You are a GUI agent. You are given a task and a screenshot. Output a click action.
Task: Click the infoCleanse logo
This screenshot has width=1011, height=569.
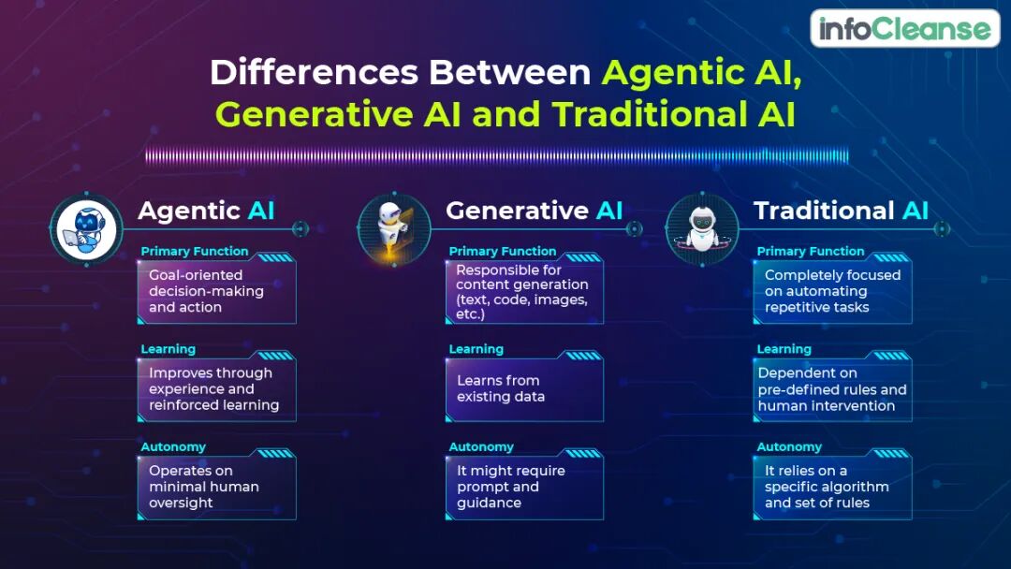coord(904,29)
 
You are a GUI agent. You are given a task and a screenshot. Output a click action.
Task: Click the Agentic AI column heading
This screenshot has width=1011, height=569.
coord(206,211)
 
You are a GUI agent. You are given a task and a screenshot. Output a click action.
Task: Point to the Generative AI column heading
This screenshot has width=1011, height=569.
coord(534,211)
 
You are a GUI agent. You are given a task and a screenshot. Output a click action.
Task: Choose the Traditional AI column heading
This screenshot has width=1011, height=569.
coord(841,211)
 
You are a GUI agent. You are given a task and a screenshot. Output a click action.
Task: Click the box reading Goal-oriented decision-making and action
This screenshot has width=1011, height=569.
coord(216,291)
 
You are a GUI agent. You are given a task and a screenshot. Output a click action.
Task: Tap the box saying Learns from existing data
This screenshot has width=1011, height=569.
coord(524,388)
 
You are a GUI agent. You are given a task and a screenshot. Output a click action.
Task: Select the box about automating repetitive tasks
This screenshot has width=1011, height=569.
coord(832,291)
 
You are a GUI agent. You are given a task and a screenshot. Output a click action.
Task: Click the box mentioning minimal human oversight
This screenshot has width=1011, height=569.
coord(216,487)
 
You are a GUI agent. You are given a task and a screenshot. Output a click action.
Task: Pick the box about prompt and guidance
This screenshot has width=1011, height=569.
coord(524,487)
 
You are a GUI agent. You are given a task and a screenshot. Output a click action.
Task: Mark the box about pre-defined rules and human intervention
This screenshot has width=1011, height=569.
coord(832,389)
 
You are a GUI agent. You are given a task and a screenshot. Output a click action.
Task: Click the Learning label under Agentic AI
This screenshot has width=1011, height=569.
coord(168,349)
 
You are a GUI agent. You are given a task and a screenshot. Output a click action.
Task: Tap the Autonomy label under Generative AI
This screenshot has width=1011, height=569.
coord(481,446)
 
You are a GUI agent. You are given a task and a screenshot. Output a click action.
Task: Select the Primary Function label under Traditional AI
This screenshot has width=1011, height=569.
coord(811,251)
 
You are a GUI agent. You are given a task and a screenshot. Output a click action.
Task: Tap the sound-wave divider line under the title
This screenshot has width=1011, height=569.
coord(496,156)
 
